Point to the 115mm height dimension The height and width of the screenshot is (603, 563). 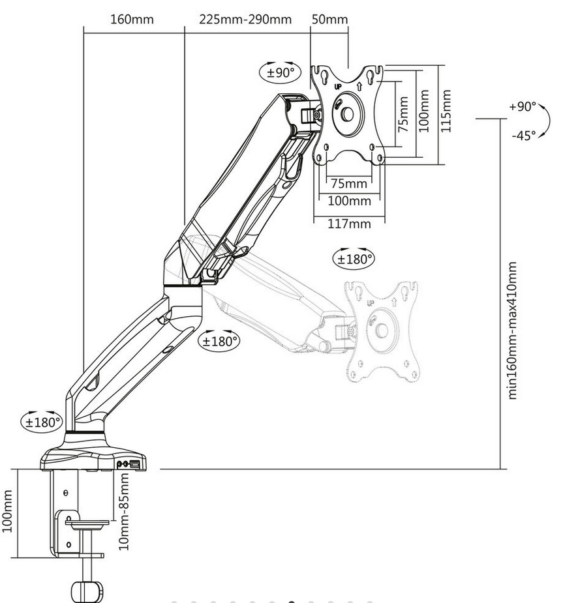446,111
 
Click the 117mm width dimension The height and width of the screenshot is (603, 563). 348,224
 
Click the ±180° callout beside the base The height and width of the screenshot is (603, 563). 42,422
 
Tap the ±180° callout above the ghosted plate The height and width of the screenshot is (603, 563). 354,258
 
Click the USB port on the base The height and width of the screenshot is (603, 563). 135,464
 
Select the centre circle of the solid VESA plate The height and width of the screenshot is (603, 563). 347,114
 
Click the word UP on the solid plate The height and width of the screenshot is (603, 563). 337,86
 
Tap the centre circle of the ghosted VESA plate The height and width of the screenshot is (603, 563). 382,331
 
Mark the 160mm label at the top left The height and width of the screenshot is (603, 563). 132,19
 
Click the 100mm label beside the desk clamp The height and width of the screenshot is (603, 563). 8,511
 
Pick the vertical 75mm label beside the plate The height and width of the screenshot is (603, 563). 403,114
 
